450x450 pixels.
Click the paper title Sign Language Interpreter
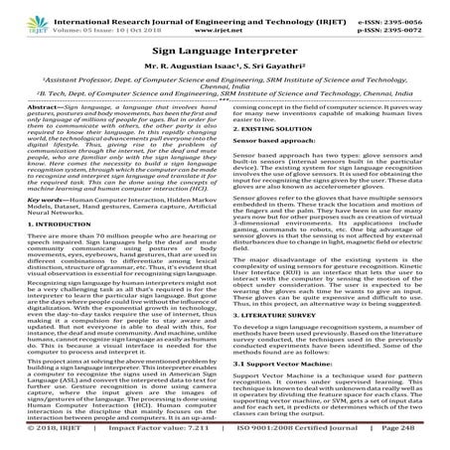pyautogui.click(x=224, y=47)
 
